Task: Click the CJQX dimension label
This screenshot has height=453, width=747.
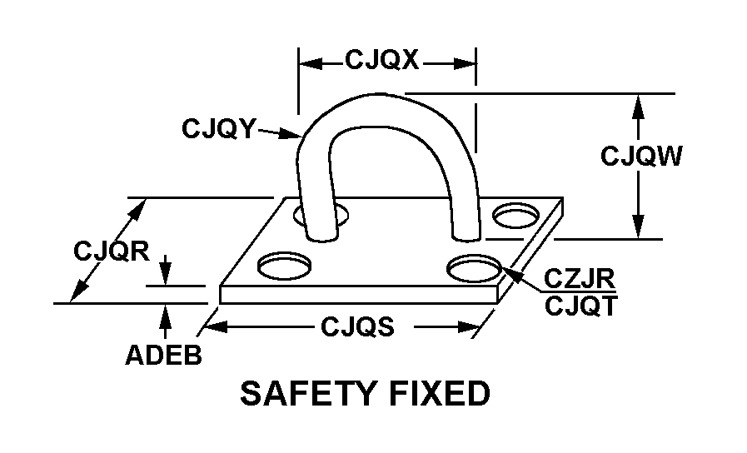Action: click(382, 60)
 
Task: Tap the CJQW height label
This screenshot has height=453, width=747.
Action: click(641, 156)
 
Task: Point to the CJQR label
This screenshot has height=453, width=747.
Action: click(112, 251)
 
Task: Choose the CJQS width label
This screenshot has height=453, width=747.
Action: click(357, 326)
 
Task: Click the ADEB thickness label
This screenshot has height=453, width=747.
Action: click(163, 355)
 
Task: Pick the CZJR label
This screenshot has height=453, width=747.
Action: click(580, 279)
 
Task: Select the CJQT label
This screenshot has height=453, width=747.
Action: click(580, 306)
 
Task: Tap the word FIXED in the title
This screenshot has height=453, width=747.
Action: click(441, 393)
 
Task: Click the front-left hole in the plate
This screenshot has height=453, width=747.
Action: click(284, 266)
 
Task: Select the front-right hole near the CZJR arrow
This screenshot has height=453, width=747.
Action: click(474, 267)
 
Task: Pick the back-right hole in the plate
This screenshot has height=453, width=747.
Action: click(515, 216)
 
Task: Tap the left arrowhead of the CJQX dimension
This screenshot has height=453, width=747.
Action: click(311, 63)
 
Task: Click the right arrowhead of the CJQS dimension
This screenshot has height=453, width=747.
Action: click(468, 326)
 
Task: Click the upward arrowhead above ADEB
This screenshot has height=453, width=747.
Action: click(166, 315)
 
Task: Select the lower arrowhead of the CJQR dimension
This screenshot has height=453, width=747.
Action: click(79, 291)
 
